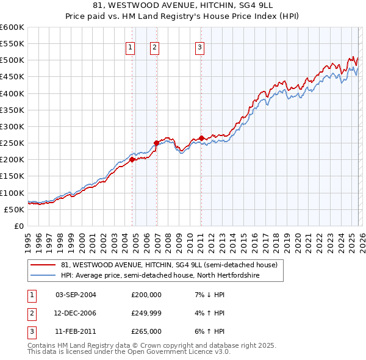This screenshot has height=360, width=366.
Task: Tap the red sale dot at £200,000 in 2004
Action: point(132,160)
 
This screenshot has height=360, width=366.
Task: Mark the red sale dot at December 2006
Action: point(156,143)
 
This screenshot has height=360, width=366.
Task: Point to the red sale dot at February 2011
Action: point(201,139)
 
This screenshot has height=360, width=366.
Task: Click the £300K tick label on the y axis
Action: point(12,126)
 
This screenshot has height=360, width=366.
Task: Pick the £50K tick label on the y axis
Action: point(14,209)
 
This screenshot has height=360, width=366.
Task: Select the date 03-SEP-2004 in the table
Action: point(76,295)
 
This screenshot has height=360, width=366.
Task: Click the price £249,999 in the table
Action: point(146,313)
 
